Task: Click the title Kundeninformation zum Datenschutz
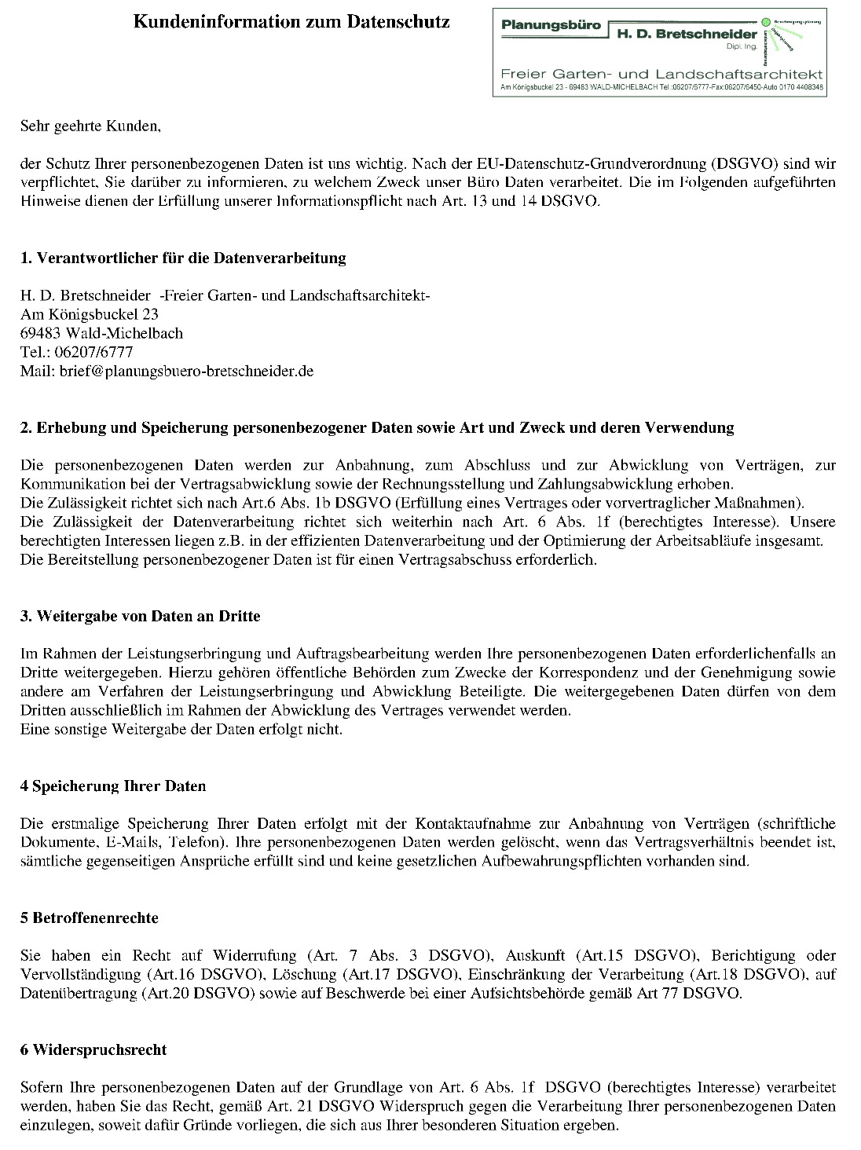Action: [x=291, y=22]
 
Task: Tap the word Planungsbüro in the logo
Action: [x=551, y=24]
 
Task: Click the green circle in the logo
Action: [x=766, y=23]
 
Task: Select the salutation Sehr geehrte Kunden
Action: [x=90, y=125]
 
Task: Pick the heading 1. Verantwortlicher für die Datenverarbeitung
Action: [x=183, y=258]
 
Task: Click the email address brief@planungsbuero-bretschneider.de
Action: [x=186, y=371]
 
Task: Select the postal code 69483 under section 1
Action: [x=41, y=333]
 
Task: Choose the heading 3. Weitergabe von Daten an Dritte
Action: [x=140, y=616]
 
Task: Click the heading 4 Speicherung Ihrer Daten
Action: [x=113, y=786]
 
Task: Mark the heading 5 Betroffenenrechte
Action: [x=90, y=917]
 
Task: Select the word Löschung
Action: [x=312, y=974]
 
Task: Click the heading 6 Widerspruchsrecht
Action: [x=93, y=1049]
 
